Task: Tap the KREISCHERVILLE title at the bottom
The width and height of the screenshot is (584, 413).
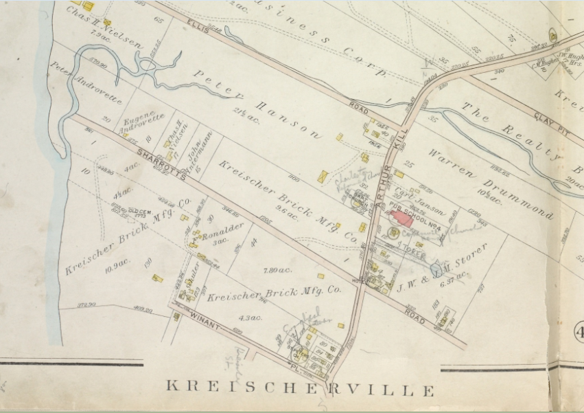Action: click(x=300, y=390)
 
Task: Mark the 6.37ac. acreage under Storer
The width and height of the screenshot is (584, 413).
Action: click(x=454, y=276)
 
